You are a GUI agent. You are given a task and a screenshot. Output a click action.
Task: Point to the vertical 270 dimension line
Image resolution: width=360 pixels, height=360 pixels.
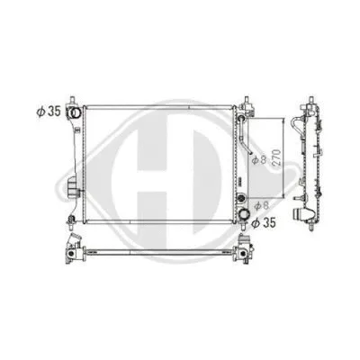(x=271, y=158)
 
